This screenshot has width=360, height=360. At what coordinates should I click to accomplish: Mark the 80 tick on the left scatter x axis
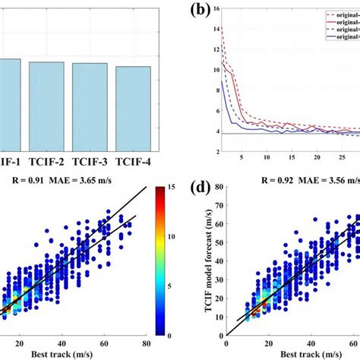click(x=144, y=343)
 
